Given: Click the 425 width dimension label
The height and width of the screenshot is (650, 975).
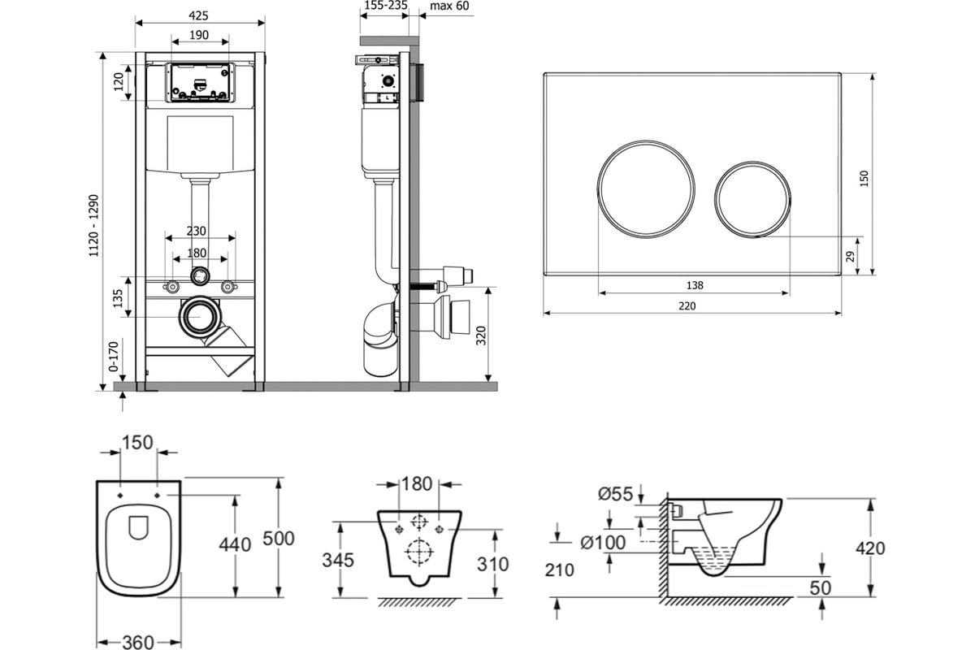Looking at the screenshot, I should pos(199,14).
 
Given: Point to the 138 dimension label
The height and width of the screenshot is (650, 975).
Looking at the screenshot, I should pos(693,285).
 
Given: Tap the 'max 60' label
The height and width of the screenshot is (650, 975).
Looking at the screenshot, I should pos(449,6).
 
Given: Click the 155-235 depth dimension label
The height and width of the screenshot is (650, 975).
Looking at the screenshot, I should pos(384,6).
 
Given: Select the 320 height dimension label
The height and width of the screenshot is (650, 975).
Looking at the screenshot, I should pos(480,334).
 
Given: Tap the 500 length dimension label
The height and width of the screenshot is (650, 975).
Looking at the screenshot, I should pos(279,539).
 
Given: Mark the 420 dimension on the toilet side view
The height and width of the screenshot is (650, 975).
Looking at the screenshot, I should pos(870,548).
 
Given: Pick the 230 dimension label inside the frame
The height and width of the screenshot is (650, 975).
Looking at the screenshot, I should pos(197,231).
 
